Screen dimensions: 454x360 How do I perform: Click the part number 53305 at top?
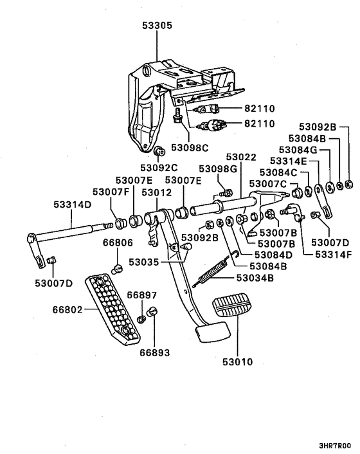[157, 26]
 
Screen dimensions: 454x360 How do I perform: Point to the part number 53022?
[240, 157]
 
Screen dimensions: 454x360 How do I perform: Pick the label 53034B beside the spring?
[255, 296]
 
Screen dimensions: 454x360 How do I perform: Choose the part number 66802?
[68, 309]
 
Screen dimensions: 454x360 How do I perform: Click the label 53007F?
[110, 192]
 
